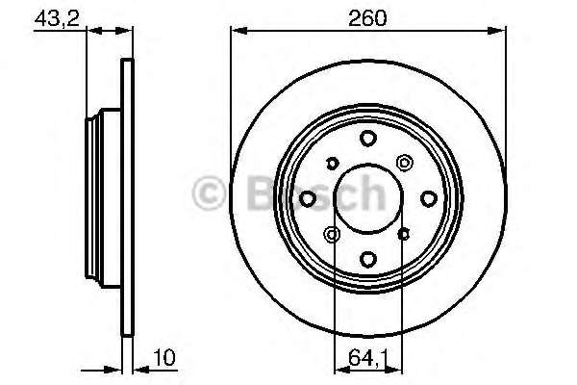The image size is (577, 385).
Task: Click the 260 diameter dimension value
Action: (x=367, y=17)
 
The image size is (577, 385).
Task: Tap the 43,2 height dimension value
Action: (x=57, y=18)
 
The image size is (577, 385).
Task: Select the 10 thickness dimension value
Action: (x=164, y=357)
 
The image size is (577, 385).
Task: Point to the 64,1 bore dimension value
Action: (x=368, y=358)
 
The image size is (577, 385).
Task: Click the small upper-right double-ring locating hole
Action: (x=405, y=163)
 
